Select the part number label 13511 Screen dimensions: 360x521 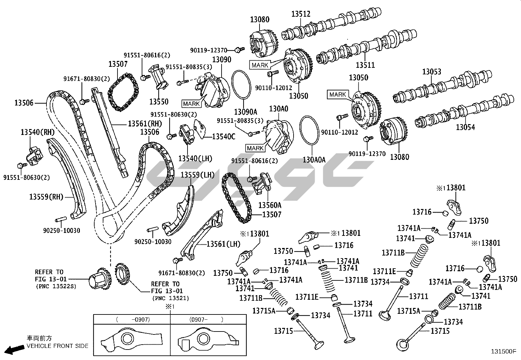coord(365,65)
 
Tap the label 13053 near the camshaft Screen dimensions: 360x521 coord(431,71)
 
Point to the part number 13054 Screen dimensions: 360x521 coord(465,127)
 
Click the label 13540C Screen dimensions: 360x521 coord(224,137)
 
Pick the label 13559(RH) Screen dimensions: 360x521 coord(46,197)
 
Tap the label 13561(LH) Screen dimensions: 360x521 coord(223,244)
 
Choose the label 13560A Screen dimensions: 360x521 coord(270,205)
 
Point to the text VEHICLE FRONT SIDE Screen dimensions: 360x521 coord(57,346)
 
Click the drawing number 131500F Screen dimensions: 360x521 coord(503,351)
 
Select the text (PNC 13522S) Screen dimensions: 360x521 coord(55,286)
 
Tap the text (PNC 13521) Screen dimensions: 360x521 coord(171,298)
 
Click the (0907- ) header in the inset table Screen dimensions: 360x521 coord(206,319)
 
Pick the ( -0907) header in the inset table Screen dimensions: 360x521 coord(133,319)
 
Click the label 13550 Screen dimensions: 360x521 coord(159,102)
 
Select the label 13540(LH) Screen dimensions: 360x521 coord(195,159)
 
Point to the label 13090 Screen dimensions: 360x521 coord(222,60)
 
